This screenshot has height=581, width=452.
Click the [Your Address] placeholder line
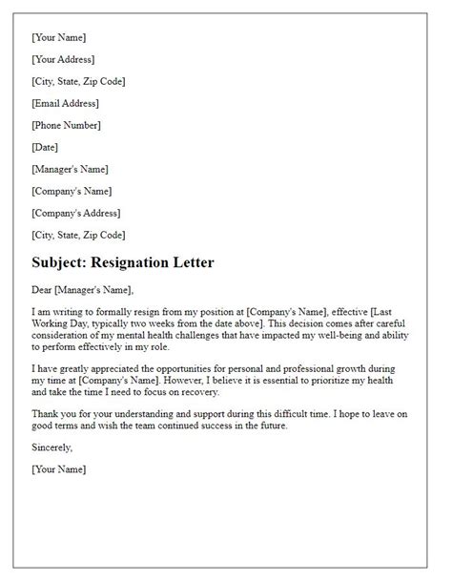point(65,59)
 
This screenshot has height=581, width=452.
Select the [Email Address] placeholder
point(65,103)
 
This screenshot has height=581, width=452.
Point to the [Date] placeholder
point(45,147)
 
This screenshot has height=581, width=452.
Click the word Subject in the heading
point(60,262)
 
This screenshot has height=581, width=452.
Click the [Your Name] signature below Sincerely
point(59,469)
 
